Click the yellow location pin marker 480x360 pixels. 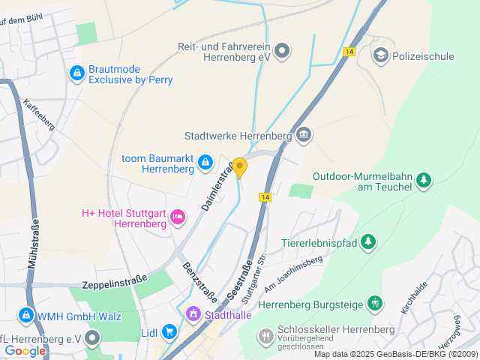(240, 167)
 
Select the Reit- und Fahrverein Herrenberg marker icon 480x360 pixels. (282, 51)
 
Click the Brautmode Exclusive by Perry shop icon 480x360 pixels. (76, 73)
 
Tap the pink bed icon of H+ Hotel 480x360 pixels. (178, 217)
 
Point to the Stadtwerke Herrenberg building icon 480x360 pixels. (304, 135)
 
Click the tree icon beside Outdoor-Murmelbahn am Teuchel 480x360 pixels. (424, 179)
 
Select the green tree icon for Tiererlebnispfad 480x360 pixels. (367, 241)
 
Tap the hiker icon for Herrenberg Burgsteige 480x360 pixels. (375, 304)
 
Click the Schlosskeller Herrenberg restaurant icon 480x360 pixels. (265, 335)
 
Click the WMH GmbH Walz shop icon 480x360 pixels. (26, 315)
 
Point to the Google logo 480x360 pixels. (25, 350)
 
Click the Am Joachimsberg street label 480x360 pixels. (292, 271)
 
